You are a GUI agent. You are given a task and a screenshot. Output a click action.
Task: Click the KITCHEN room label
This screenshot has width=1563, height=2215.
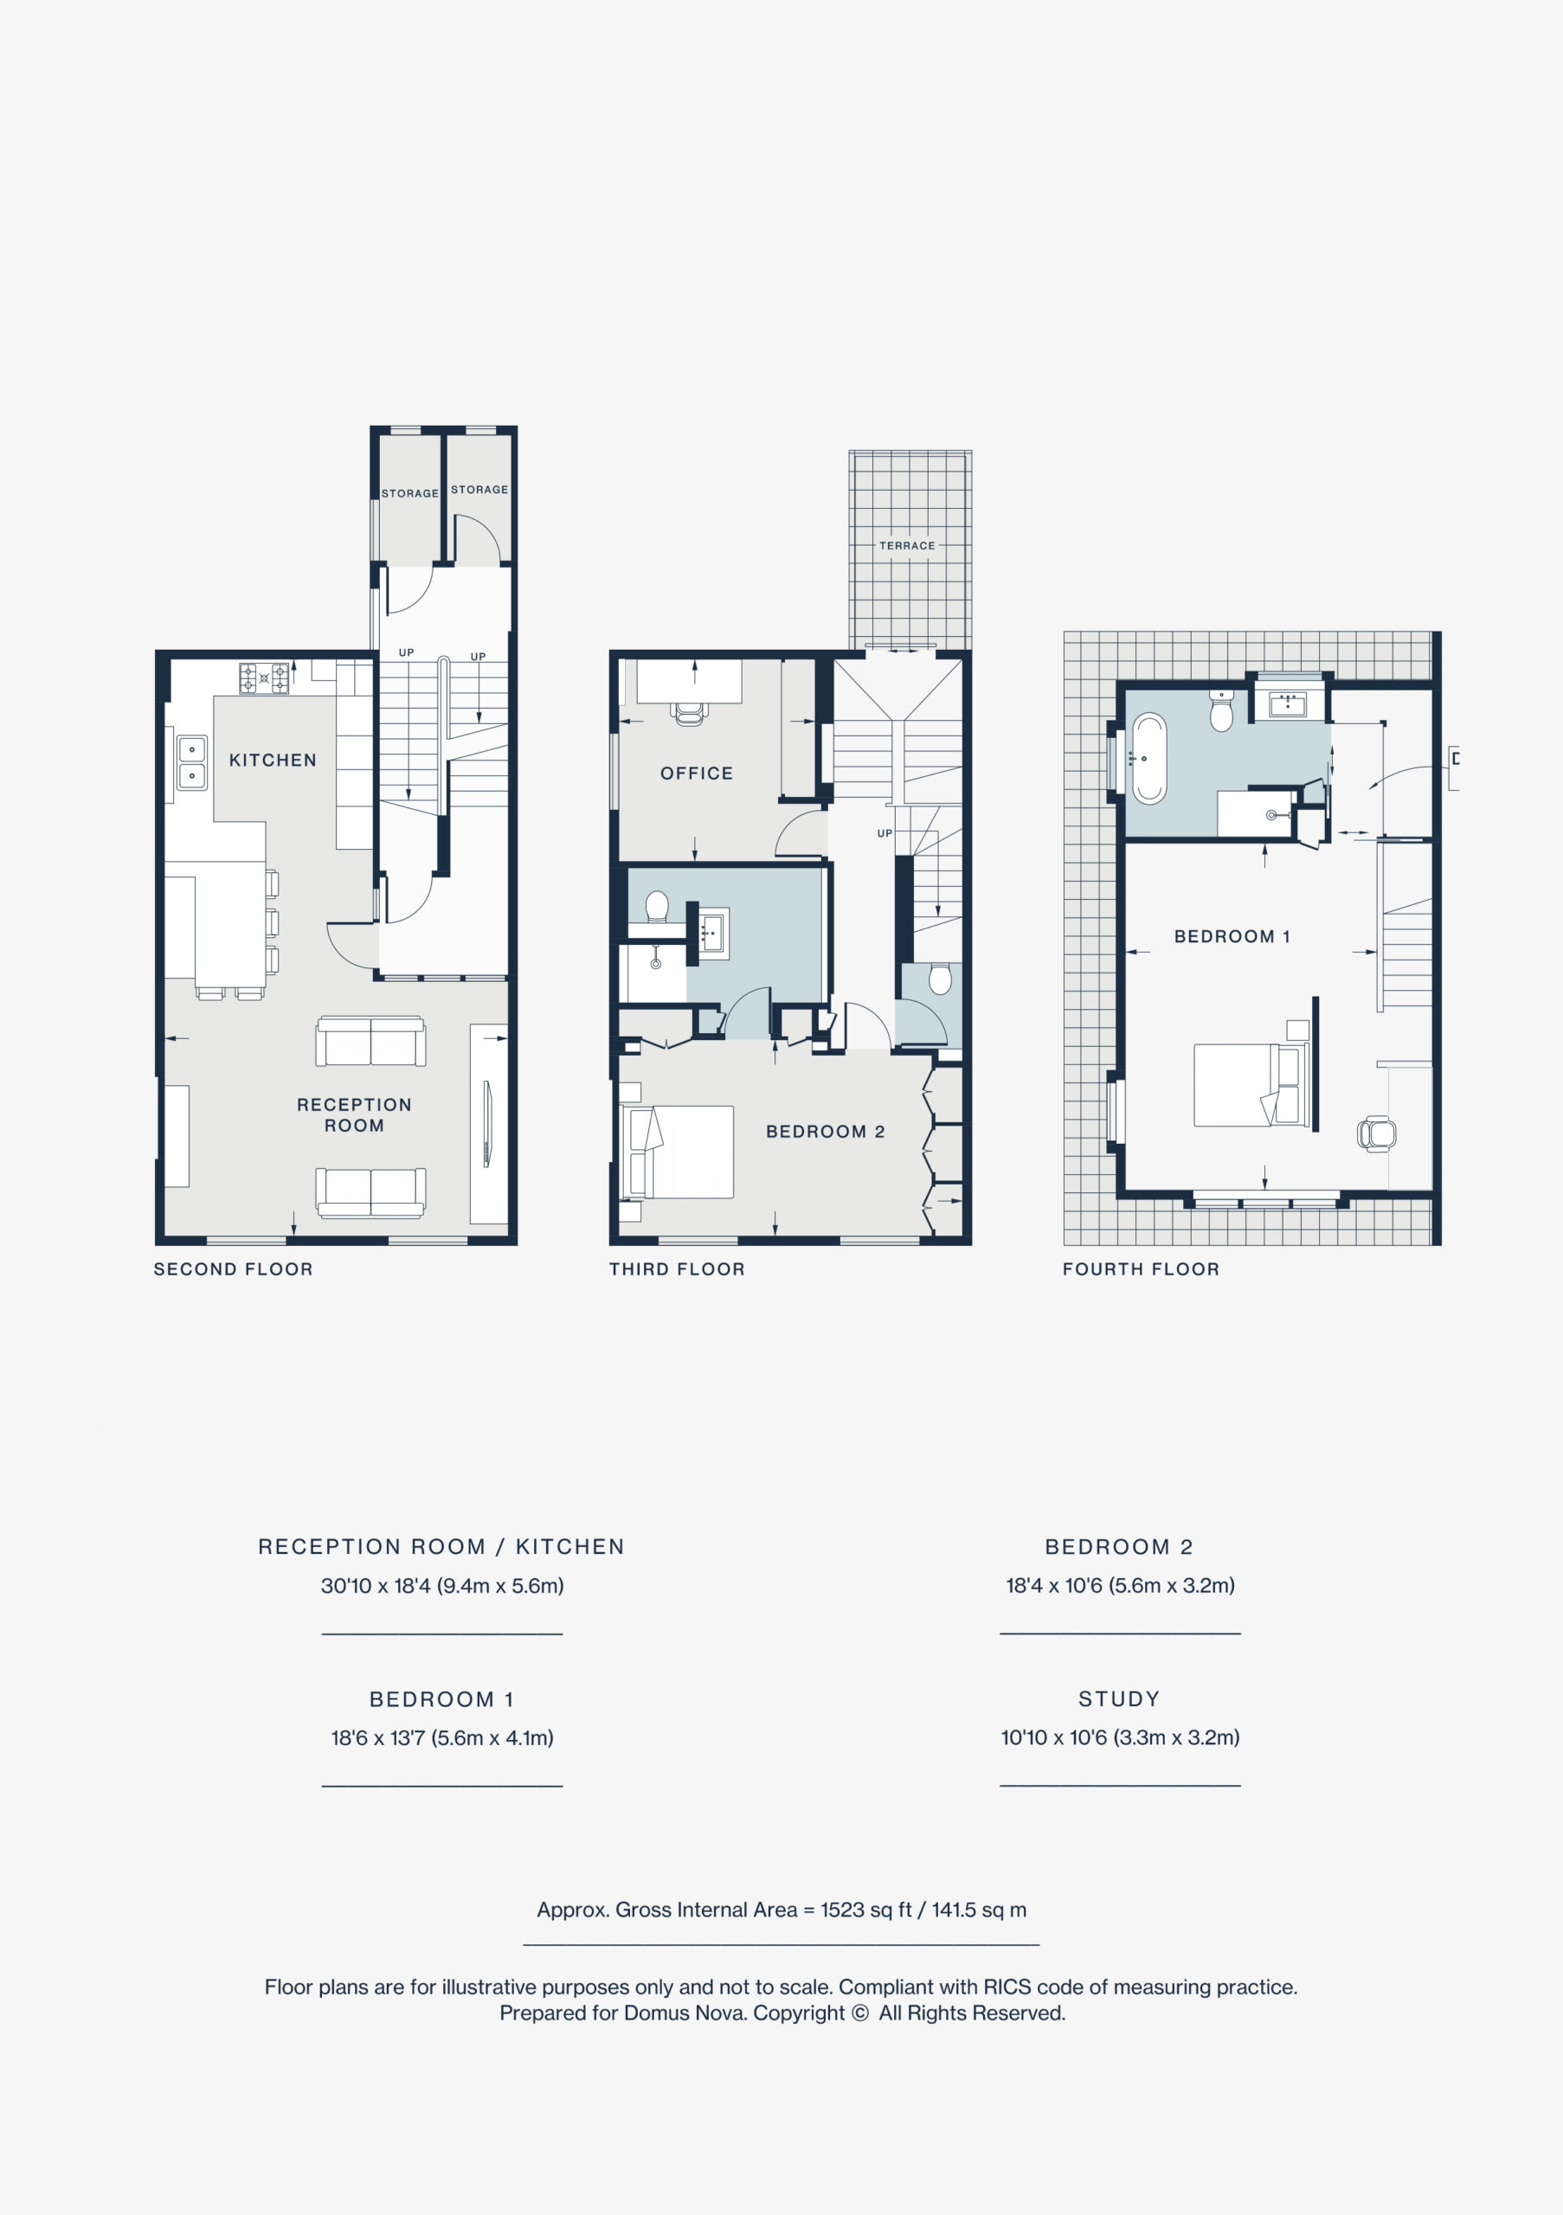[x=272, y=761]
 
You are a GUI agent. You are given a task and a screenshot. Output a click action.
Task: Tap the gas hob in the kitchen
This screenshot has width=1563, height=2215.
[x=264, y=678]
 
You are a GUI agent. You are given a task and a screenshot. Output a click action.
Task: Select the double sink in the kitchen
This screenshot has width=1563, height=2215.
[x=192, y=762]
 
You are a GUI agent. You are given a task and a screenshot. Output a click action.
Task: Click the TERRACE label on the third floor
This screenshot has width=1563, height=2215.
[x=907, y=545]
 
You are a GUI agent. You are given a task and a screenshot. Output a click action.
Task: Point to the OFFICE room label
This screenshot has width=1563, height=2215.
[x=697, y=774]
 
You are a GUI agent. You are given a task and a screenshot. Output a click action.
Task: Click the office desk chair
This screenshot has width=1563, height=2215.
[x=689, y=713]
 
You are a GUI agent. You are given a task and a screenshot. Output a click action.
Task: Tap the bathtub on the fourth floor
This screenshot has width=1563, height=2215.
[x=1148, y=758]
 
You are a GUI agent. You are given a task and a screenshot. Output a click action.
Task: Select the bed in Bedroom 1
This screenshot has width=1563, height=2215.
[x=1251, y=1084]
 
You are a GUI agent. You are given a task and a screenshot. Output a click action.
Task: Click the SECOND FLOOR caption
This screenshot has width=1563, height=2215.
[x=234, y=1269]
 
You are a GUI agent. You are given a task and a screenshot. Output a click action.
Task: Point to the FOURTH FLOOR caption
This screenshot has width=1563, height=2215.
[x=1142, y=1269]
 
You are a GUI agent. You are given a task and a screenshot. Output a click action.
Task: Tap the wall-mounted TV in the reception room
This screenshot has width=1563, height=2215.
[x=487, y=1124]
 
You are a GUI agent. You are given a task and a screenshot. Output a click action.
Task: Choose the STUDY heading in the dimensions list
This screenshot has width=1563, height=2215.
[x=1119, y=1698]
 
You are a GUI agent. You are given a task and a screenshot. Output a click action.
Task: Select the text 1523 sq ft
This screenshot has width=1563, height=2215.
[x=865, y=1910]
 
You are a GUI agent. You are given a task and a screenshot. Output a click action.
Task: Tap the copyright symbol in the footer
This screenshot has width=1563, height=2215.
[x=859, y=2013]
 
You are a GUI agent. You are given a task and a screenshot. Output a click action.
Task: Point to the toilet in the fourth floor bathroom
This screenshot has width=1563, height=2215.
[x=1221, y=711]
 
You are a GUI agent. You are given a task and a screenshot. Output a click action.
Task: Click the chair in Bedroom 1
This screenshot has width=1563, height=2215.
[x=1377, y=1133]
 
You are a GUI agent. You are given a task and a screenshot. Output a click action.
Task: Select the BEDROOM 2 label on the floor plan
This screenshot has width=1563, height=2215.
[x=825, y=1132]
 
